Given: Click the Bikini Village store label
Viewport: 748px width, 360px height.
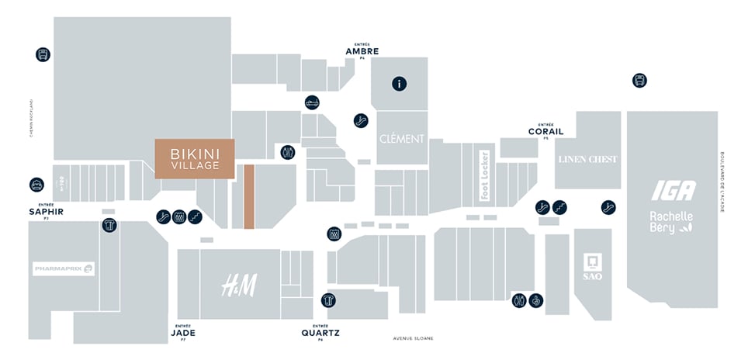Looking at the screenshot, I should [194, 158].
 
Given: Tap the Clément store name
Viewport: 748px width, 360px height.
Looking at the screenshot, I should [402, 139].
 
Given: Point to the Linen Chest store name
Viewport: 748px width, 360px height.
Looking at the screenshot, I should [587, 159].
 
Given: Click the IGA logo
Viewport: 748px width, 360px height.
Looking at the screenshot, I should [673, 191].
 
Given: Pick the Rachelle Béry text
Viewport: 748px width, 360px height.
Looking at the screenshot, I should [672, 223].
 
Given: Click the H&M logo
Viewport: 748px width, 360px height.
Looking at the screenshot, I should [238, 285].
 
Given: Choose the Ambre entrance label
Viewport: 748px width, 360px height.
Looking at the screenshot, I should [362, 51].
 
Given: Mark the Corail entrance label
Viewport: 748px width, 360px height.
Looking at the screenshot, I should [545, 131].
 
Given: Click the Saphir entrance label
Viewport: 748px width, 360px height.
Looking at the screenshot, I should [46, 211].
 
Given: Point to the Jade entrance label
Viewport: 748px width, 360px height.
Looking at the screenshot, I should [183, 332].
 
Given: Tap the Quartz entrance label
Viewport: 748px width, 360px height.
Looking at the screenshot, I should [320, 333].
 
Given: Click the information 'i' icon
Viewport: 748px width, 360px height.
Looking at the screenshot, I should [399, 84].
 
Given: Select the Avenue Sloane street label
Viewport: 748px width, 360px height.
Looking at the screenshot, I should [413, 338].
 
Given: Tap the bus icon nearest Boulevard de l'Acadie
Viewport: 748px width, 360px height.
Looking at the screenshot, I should [639, 80].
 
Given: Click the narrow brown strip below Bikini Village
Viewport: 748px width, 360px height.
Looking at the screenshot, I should [249, 196].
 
